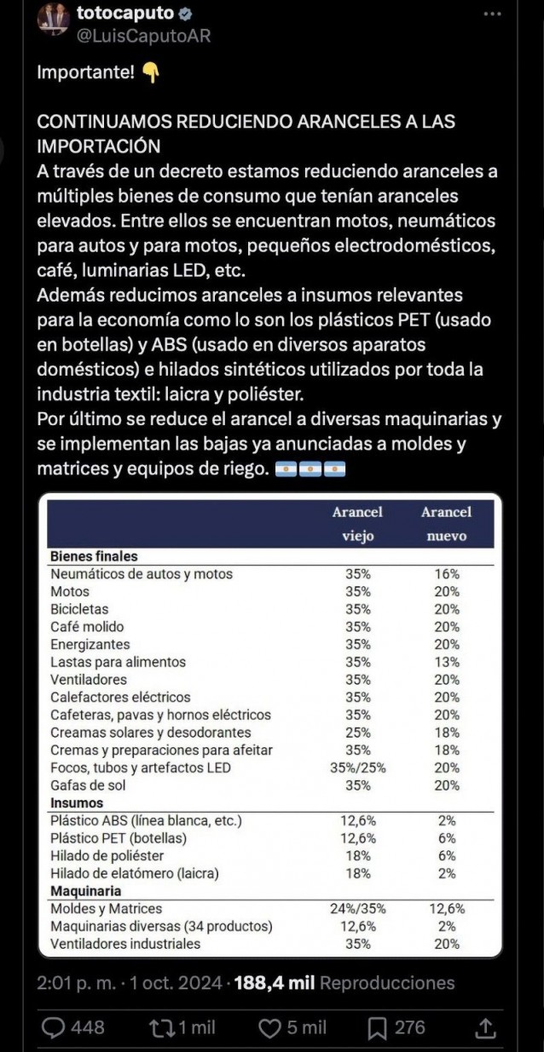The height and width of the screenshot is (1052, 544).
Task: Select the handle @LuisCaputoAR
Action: tap(142, 36)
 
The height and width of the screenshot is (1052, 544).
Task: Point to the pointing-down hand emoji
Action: tap(150, 73)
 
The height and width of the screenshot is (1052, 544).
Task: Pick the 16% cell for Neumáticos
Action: tap(446, 574)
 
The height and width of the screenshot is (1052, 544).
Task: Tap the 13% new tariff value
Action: tap(446, 662)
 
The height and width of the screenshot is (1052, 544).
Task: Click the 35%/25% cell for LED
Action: tap(357, 767)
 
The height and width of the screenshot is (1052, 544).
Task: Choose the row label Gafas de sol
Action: tap(88, 785)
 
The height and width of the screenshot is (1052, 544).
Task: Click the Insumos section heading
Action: tap(77, 802)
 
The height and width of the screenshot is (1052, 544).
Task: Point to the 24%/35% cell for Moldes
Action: tap(357, 909)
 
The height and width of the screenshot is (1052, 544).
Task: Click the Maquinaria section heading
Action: tap(85, 891)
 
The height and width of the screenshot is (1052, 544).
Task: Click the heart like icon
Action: tap(269, 1028)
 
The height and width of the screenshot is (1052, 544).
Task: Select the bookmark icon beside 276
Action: tap(378, 1028)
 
